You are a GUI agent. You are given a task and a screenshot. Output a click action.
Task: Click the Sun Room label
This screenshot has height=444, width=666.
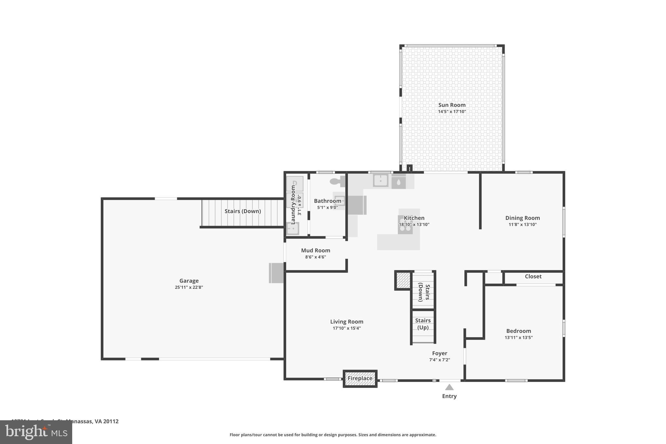click(452, 105)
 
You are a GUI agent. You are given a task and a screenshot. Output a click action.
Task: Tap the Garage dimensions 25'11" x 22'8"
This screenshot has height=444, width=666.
click(189, 287)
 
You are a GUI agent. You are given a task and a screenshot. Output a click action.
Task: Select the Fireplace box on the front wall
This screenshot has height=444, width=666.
click(360, 378)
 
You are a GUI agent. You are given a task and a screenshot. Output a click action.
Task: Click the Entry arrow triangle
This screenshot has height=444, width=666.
click(449, 387)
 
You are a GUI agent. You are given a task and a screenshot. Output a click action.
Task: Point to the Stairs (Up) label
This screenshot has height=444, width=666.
click(423, 324)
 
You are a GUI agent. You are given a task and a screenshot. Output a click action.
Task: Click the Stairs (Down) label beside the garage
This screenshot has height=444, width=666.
click(243, 211)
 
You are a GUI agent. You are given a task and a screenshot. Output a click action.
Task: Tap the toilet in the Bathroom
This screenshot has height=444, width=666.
click(337, 181)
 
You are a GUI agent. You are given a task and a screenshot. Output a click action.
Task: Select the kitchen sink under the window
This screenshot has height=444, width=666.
click(380, 181)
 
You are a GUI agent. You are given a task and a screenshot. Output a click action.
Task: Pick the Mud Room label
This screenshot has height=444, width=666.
click(315, 250)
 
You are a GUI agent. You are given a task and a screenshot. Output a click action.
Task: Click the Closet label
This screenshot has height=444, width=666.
click(533, 276)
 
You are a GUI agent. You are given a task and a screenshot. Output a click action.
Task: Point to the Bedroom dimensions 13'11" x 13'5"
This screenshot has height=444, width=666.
click(518, 338)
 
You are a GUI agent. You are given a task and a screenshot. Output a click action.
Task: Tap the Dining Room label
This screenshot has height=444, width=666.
click(522, 218)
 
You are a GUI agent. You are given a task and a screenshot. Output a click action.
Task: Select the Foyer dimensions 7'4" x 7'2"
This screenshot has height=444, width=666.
click(439, 360)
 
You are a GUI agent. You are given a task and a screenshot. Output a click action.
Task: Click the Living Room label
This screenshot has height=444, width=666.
click(347, 322)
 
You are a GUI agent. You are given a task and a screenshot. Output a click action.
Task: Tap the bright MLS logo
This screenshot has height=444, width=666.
click(36, 432)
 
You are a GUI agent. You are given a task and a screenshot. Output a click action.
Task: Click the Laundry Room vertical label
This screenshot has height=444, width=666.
click(293, 205)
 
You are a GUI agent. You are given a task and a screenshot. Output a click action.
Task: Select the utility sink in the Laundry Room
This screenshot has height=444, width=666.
click(293, 228)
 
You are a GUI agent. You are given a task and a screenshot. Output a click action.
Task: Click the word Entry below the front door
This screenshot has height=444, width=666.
click(449, 396)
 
